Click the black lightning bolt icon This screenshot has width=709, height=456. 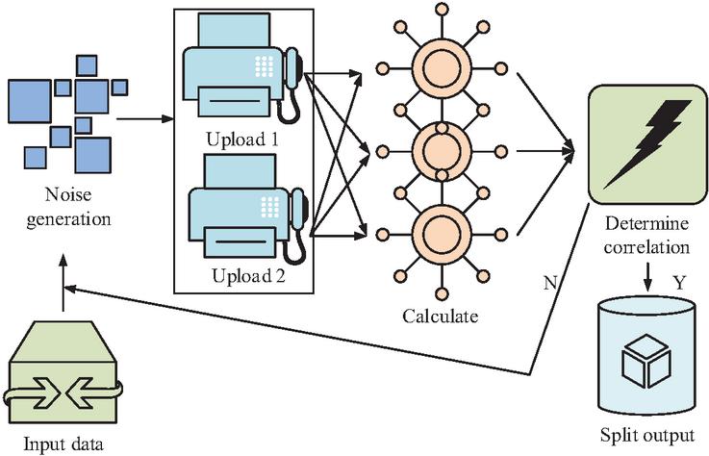647,144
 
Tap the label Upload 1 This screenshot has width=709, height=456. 242,139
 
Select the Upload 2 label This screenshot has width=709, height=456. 249,275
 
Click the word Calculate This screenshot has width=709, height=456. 441,316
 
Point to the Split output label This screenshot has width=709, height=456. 647,435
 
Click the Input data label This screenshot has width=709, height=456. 63,443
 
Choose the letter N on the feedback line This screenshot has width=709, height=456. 550,283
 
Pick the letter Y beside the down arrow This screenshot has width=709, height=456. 679,283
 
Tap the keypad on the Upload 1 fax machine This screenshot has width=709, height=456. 264,66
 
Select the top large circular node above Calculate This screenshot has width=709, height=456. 442,68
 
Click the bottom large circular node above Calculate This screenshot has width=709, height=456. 442,235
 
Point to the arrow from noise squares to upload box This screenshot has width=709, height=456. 145,119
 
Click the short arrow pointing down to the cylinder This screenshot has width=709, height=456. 648,276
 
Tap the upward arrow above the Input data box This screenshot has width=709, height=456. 63,282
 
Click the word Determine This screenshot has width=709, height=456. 646,223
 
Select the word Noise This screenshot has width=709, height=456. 68,194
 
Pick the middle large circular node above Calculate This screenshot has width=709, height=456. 442,152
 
